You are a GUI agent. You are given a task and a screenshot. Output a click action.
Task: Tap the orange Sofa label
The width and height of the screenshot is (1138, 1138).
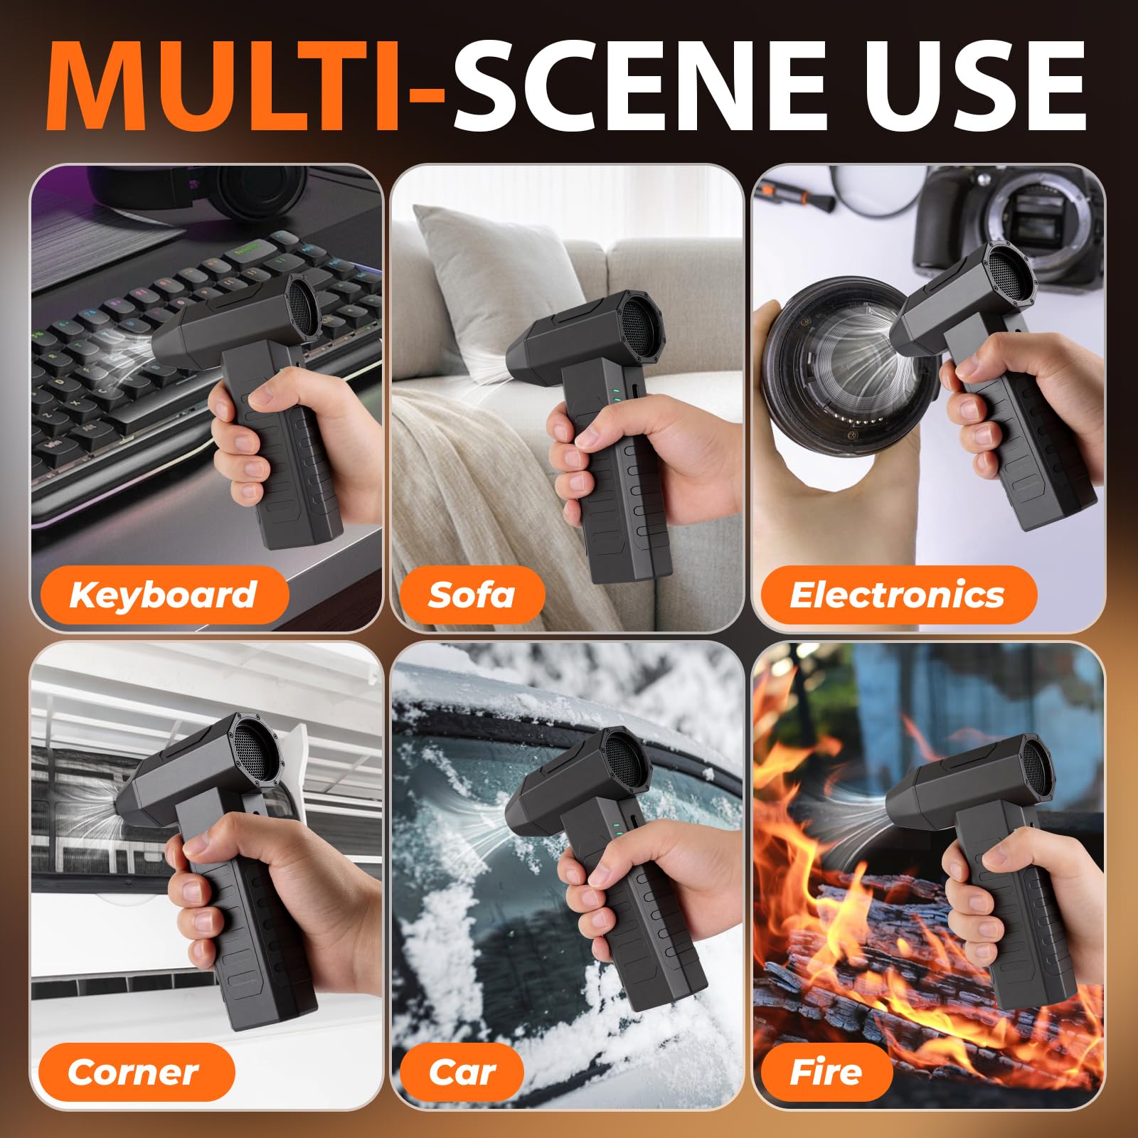pos(472,595)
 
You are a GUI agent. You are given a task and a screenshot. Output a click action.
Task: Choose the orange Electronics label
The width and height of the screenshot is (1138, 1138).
pos(898,595)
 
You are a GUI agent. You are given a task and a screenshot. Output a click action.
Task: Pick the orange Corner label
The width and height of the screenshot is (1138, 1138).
pos(134,1072)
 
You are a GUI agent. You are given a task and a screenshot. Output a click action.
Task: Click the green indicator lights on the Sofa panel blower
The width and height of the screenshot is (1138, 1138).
pos(617,394)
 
